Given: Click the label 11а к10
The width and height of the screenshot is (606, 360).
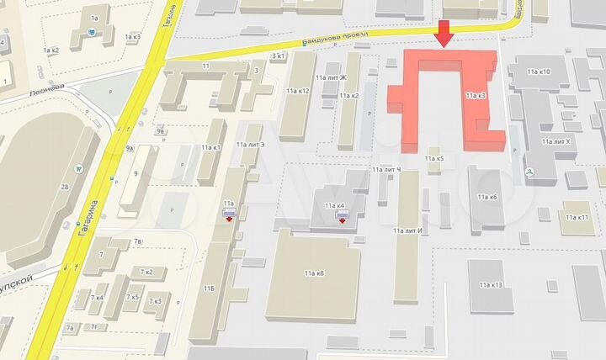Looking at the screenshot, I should [535, 72].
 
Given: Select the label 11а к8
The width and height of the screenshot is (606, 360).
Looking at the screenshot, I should [315, 273].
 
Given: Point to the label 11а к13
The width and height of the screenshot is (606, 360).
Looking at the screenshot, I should [490, 285].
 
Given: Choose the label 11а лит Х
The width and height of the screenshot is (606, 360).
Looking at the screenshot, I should [556, 141].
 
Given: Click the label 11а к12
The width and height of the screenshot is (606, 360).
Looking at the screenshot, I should [298, 90].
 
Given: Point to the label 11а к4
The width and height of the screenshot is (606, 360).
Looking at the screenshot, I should [335, 206].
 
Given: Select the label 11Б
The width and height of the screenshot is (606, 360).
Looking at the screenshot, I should [208, 289].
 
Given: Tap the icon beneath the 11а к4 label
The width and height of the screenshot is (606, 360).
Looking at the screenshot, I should [343, 217].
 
